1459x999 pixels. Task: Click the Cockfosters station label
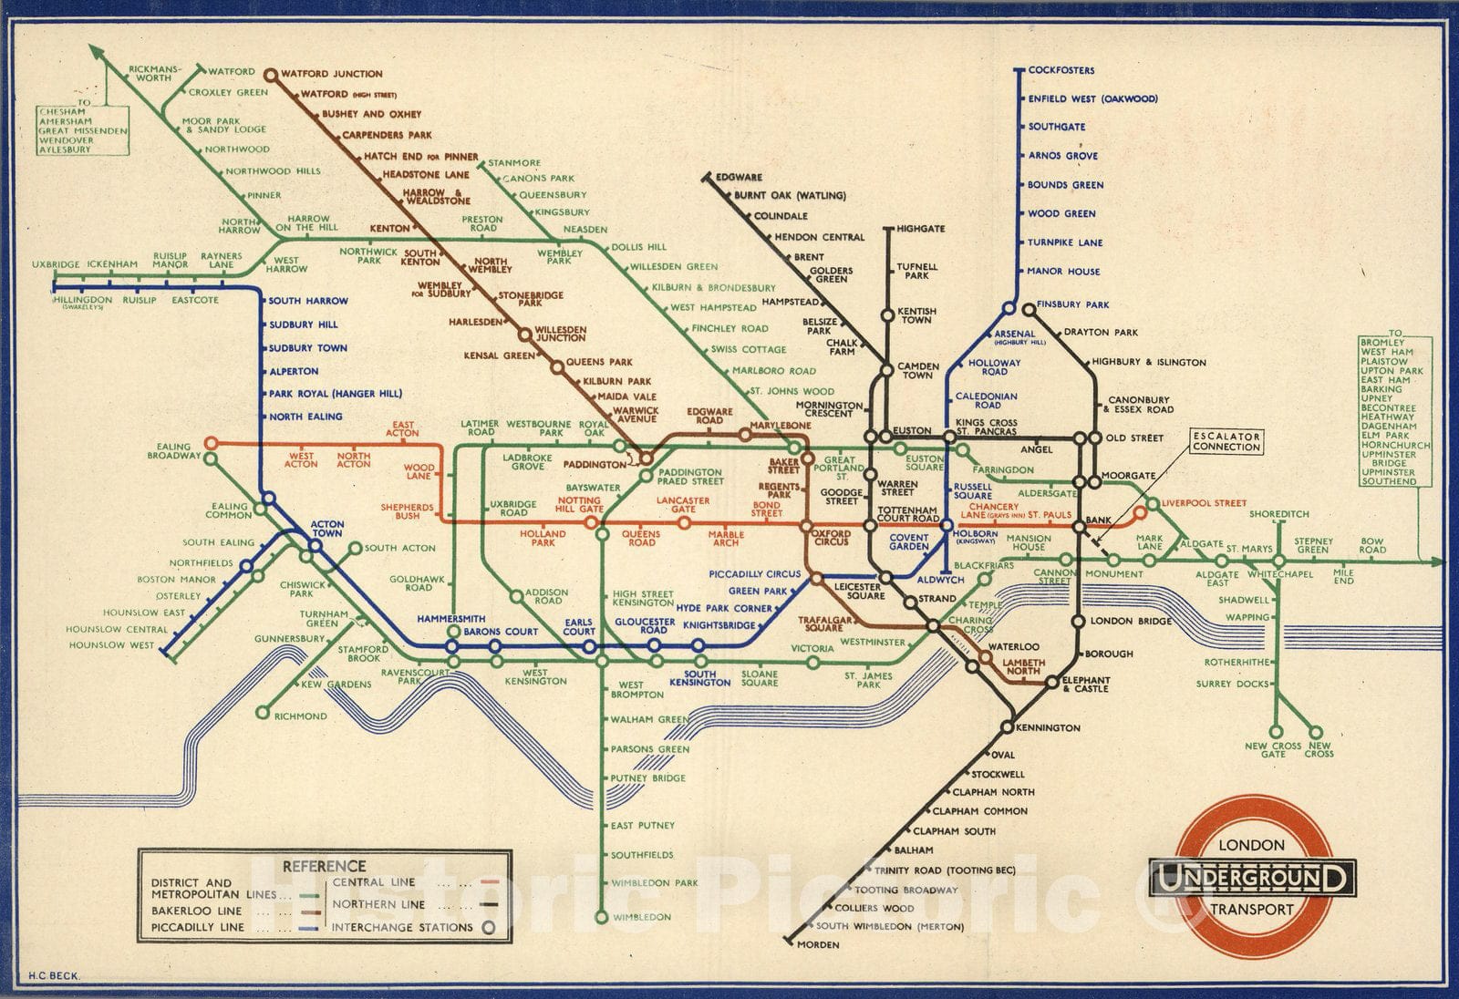[x=1061, y=70]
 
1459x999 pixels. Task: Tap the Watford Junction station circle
[x=270, y=74]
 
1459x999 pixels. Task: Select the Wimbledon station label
[x=641, y=917]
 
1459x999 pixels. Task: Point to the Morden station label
[x=818, y=944]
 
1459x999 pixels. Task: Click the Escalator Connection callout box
[x=1226, y=441]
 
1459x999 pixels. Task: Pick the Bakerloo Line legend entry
[x=197, y=911]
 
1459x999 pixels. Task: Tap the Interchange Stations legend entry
[x=402, y=927]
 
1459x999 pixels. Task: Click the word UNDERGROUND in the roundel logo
[x=1251, y=879]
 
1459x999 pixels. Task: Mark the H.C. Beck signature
[x=55, y=975]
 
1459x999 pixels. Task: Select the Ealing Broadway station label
[x=173, y=450]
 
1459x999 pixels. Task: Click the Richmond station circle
[x=263, y=713]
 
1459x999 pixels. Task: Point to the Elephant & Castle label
[x=1086, y=684]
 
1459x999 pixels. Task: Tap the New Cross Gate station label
[x=1273, y=749]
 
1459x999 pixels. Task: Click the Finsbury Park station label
[x=1073, y=304]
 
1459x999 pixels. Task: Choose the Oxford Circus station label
[x=831, y=537]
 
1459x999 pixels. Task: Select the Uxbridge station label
[x=56, y=264]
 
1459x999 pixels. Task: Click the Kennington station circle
[x=1008, y=727]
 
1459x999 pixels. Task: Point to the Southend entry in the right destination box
[x=1388, y=481]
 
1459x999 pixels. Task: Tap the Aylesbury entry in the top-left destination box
[x=64, y=149]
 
